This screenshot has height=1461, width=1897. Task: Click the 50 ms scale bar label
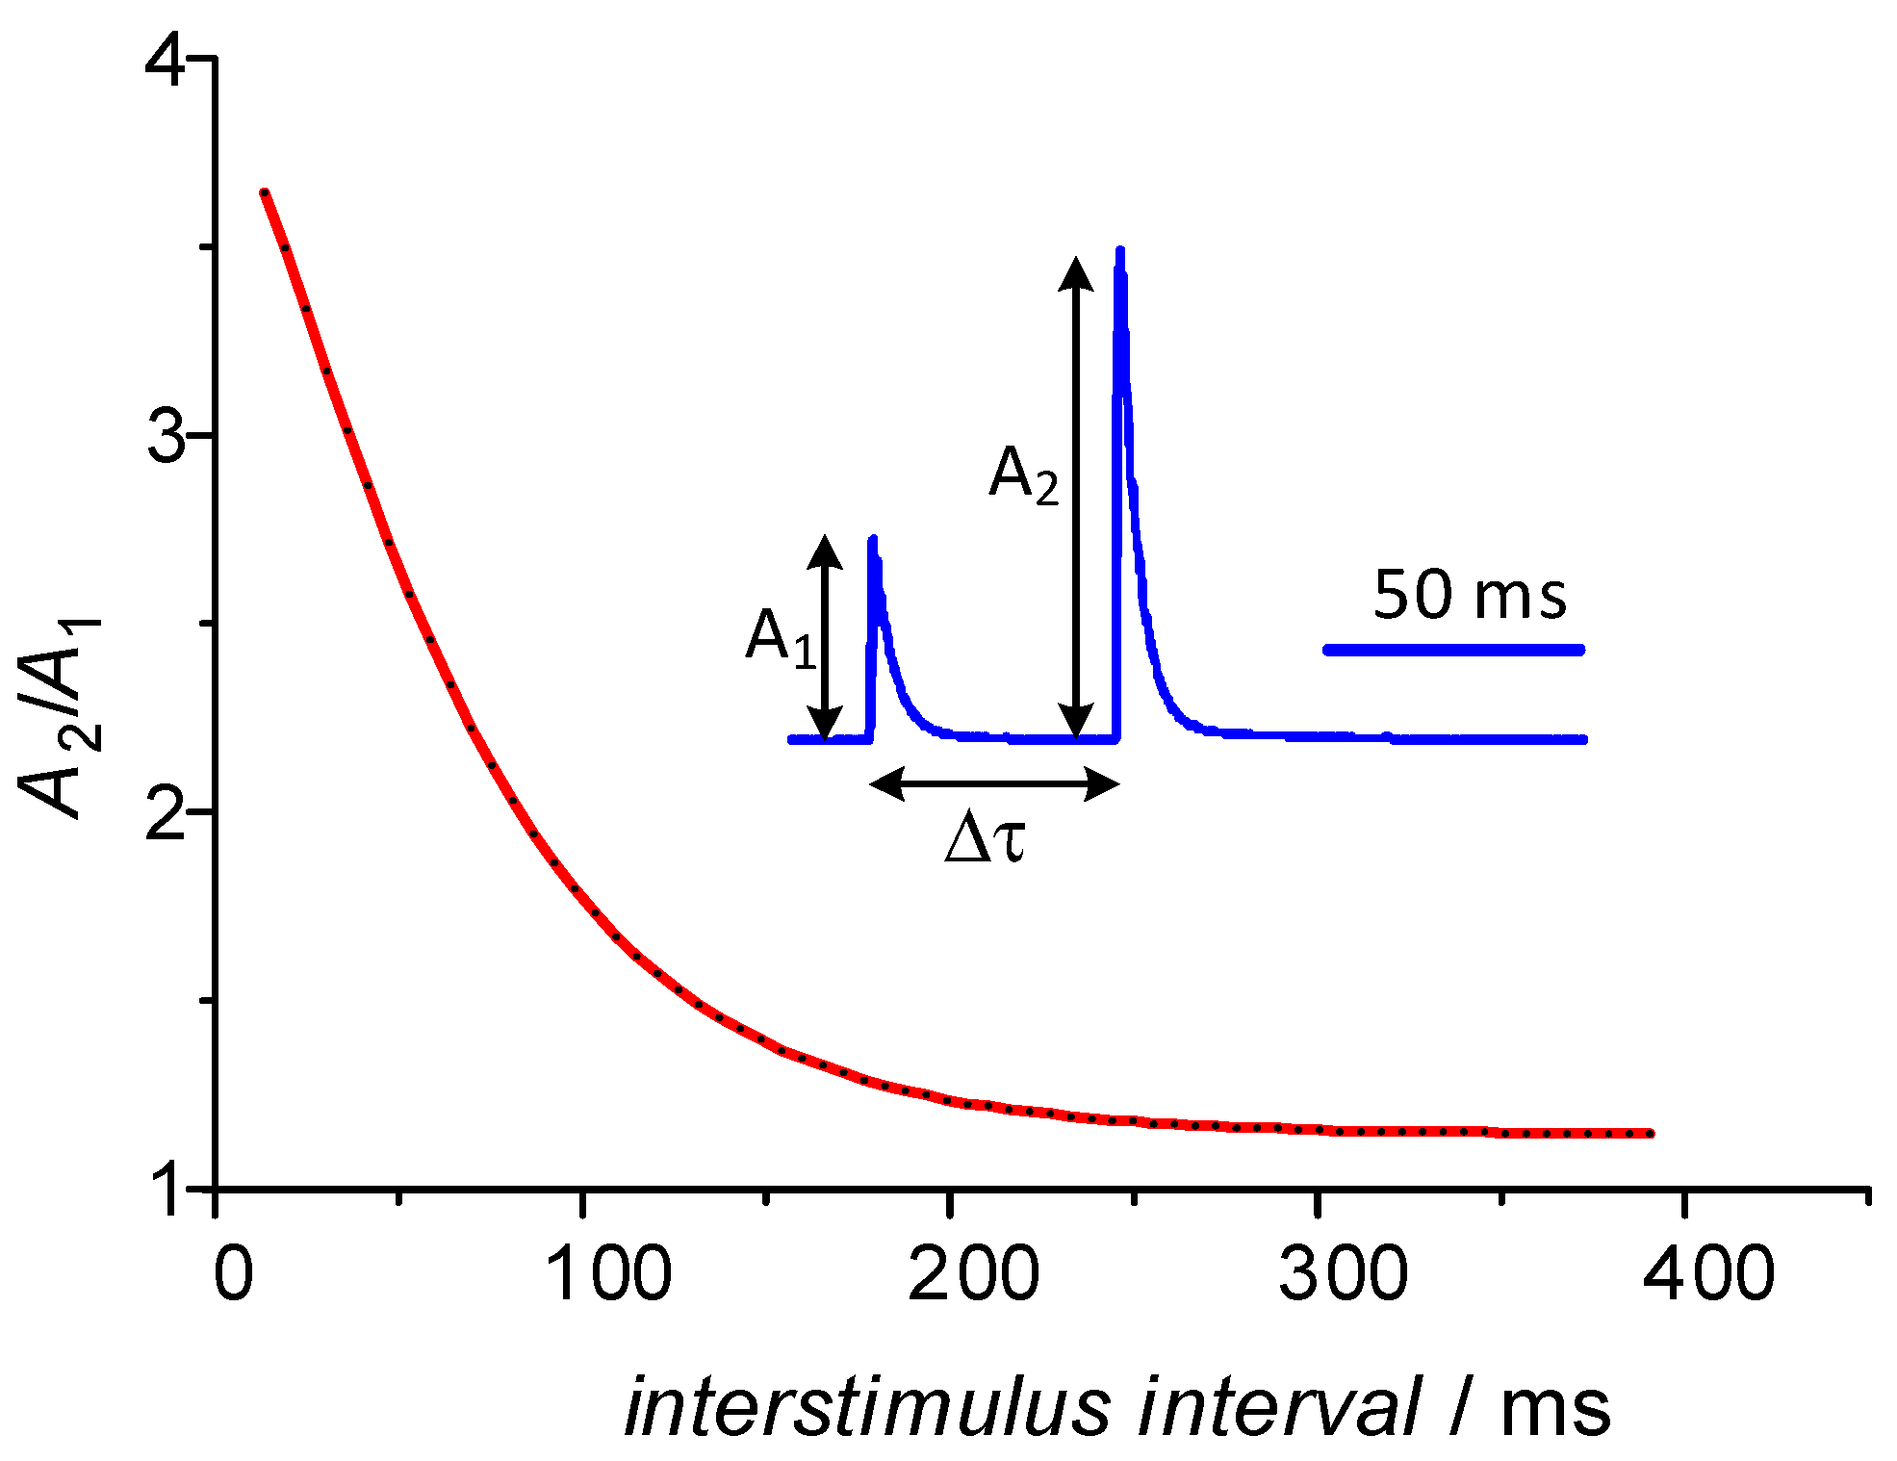point(1470,595)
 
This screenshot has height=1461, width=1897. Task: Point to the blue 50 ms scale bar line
point(1453,651)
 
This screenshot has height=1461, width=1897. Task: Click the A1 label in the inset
point(781,637)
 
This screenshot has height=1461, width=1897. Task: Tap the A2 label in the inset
point(1023,474)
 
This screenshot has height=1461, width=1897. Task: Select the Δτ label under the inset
point(986,838)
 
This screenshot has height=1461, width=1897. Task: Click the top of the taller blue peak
point(1119,252)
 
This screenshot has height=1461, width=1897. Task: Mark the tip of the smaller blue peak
point(873,539)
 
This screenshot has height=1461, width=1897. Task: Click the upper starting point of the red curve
point(265,193)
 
